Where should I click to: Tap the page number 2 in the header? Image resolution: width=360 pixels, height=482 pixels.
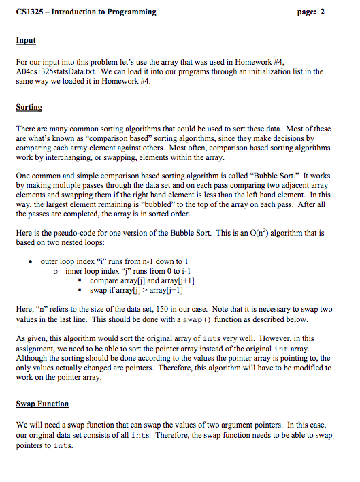coord(323,12)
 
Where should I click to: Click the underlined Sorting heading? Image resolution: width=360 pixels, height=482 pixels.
coord(29,107)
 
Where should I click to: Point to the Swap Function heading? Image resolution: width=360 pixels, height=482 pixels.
coord(42,404)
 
